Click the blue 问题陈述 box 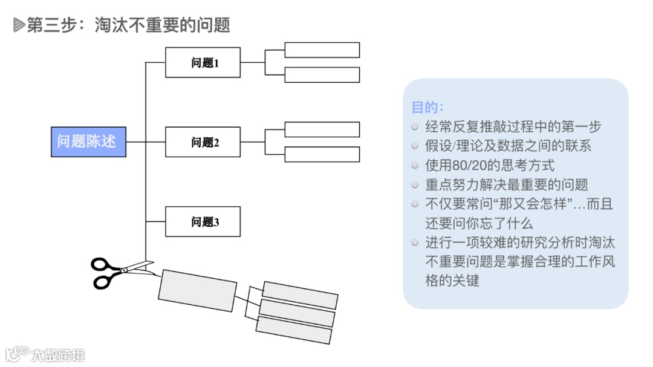click(x=88, y=141)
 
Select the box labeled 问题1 click(x=203, y=62)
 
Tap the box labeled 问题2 click(x=203, y=142)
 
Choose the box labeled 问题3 click(x=203, y=221)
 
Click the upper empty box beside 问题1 click(x=322, y=50)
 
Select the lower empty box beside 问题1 click(x=322, y=74)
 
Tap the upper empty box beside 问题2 click(x=322, y=129)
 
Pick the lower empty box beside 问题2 click(x=322, y=154)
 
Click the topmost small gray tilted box click(x=300, y=295)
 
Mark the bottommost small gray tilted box click(x=294, y=330)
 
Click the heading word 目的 click(x=427, y=107)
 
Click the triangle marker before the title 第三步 click(x=19, y=25)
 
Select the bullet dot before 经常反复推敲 click(x=414, y=126)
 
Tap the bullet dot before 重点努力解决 click(x=414, y=184)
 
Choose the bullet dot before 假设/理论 click(x=414, y=146)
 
